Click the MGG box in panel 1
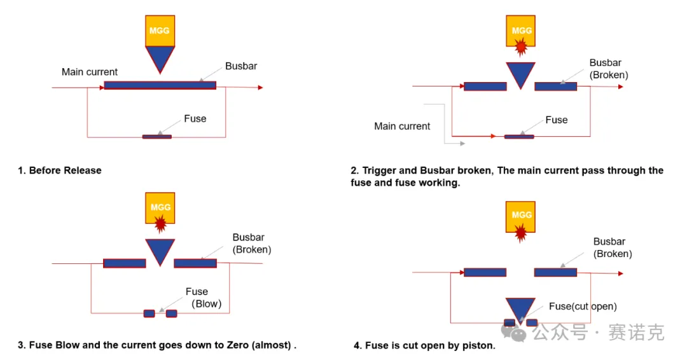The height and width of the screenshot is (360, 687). (x=160, y=31)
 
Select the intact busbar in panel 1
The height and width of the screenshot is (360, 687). (x=160, y=85)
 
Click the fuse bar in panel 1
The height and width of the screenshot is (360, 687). (x=157, y=137)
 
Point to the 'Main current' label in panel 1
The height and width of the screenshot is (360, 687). (x=90, y=72)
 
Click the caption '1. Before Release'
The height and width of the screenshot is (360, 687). (x=60, y=170)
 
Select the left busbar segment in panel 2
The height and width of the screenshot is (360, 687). (x=485, y=87)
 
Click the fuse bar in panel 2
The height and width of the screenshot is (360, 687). (x=519, y=137)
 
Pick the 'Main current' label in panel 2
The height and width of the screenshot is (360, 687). (x=402, y=126)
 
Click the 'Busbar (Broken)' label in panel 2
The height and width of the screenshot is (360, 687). (x=609, y=69)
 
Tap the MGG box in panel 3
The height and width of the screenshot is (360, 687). (x=160, y=208)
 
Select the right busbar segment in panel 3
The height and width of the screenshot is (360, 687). (x=195, y=263)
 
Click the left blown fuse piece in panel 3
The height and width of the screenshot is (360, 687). (x=149, y=314)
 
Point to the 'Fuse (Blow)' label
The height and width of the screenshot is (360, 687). (x=204, y=298)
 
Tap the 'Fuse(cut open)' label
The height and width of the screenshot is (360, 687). (x=583, y=307)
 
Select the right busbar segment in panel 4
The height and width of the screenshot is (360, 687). (x=555, y=272)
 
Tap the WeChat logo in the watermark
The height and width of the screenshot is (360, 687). (x=513, y=333)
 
